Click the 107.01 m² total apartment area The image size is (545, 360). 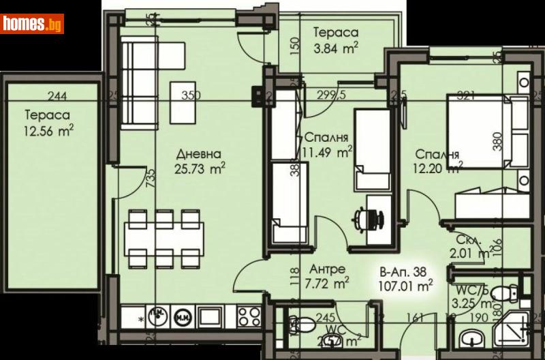tap(407, 287)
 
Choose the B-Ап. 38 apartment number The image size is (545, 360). tap(404, 273)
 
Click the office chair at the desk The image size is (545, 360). tap(369, 218)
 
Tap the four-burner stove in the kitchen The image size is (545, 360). tap(249, 317)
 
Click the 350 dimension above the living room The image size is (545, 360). tap(191, 96)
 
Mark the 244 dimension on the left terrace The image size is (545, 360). tap(59, 96)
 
